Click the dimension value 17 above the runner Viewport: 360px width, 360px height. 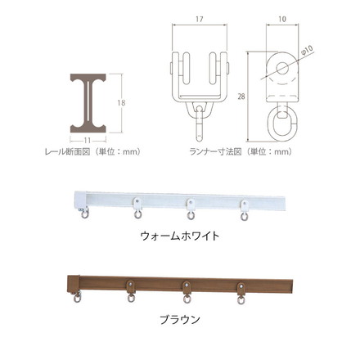pyautogui.click(x=200, y=19)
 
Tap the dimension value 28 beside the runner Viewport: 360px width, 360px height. pyautogui.click(x=241, y=97)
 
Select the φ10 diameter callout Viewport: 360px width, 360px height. pyautogui.click(x=307, y=51)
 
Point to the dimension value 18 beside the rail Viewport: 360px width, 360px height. pyautogui.click(x=121, y=103)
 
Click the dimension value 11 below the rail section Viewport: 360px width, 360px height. pyautogui.click(x=87, y=141)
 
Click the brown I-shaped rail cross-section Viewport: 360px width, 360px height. pyautogui.click(x=88, y=103)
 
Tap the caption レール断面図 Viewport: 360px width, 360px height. pyautogui.click(x=67, y=151)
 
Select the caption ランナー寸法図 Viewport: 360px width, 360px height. pyautogui.click(x=215, y=151)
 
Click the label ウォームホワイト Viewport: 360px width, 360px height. pyautogui.click(x=180, y=236)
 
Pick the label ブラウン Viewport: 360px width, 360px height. pyautogui.click(x=180, y=319)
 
